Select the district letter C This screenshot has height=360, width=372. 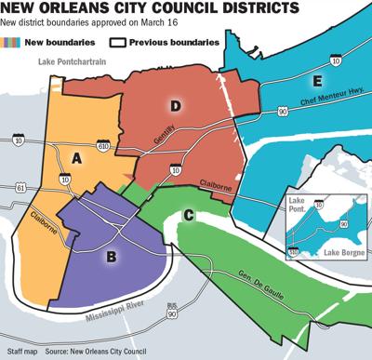pyautogui.click(x=189, y=217)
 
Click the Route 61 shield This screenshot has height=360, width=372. pyautogui.click(x=10, y=188)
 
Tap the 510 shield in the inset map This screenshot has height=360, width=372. pyautogui.click(x=291, y=249)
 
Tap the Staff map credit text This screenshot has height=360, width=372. pyautogui.click(x=21, y=350)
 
